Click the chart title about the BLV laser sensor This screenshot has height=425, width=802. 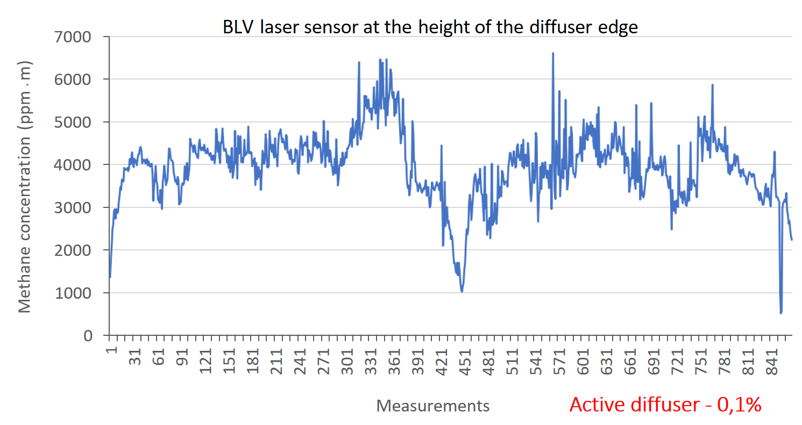pyautogui.click(x=430, y=27)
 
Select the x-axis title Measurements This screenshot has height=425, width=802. pyautogui.click(x=433, y=406)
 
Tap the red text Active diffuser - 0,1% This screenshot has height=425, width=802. pyautogui.click(x=665, y=405)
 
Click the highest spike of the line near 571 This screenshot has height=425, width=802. pyautogui.click(x=552, y=53)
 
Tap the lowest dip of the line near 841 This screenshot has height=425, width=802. pyautogui.click(x=780, y=312)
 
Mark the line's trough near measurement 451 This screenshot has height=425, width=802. pyautogui.click(x=462, y=291)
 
